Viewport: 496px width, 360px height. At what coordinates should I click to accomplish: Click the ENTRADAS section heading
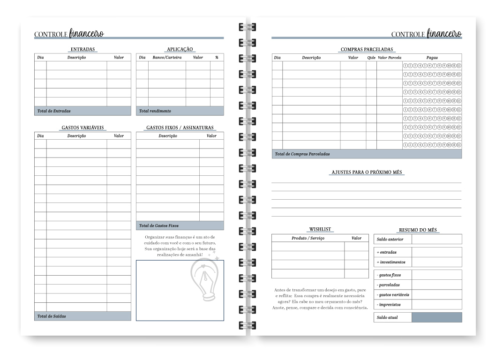pos(83,49)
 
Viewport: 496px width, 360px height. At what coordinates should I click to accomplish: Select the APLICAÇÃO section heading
pos(180,49)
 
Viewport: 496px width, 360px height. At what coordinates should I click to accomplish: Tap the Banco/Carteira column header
pos(167,58)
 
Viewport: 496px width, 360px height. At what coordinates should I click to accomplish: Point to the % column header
pos(217,58)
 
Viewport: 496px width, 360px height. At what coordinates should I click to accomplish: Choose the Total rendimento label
pos(155,111)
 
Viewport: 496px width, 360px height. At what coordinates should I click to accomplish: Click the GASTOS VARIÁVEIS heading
pos(83,127)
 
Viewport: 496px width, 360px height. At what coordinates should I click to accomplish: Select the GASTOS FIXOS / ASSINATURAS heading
pos(180,127)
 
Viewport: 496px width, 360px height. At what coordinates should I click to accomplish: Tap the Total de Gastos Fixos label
pos(158,225)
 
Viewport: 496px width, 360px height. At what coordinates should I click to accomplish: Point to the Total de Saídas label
pos(52,316)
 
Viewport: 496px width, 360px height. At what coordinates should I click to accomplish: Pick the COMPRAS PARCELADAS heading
pos(366,50)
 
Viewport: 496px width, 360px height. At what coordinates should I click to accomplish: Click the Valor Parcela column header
pos(389,58)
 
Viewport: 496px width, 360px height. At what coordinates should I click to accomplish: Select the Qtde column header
pos(371,58)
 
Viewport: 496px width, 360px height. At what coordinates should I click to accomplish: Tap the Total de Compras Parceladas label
pos(302,154)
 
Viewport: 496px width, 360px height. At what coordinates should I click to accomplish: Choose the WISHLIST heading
pos(320,229)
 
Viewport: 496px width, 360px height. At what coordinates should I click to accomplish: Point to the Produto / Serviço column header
pos(308,238)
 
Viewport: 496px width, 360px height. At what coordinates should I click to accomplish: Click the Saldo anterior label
pos(389,240)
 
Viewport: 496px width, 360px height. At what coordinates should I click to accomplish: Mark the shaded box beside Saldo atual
pos(436,317)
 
